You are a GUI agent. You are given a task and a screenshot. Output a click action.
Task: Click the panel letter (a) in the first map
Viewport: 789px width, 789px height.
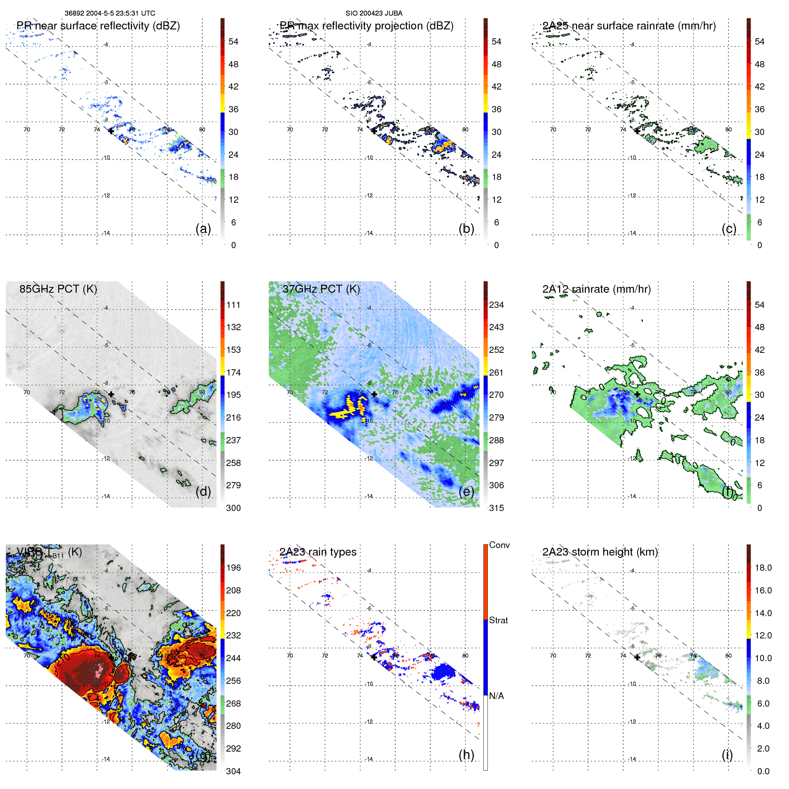pos(203,229)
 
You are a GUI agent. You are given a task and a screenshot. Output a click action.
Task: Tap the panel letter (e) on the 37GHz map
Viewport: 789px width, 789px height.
pos(466,492)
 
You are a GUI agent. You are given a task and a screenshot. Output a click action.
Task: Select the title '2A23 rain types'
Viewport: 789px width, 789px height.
pos(318,552)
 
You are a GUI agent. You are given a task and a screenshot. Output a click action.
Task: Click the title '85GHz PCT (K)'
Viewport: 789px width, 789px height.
pos(58,289)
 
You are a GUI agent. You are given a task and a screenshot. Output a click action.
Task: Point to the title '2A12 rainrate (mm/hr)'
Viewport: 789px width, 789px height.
pos(597,289)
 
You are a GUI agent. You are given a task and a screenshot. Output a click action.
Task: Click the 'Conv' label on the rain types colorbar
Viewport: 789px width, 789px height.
pos(499,545)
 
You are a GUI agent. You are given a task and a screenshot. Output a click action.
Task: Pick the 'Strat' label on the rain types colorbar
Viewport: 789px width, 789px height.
pos(499,620)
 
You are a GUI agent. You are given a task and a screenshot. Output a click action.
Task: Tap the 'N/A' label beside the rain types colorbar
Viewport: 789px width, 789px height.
pos(497,696)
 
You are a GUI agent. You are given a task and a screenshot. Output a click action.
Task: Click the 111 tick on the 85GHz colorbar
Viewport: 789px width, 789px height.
pos(233,305)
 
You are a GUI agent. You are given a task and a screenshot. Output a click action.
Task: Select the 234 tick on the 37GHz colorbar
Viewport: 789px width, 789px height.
pos(496,305)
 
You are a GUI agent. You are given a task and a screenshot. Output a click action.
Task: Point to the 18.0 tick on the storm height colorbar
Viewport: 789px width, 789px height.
pos(763,568)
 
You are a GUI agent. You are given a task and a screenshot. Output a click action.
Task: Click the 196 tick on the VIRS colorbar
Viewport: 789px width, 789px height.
pos(233,568)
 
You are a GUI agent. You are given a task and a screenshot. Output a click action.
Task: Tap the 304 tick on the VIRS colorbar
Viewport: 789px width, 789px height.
pos(233,771)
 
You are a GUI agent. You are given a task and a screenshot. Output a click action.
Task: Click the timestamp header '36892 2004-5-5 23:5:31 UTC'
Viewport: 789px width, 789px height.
pos(110,13)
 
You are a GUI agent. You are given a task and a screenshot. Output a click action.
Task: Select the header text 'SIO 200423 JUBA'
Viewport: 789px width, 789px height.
pos(374,13)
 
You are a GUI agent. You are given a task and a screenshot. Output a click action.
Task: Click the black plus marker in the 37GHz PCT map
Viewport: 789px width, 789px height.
pos(374,394)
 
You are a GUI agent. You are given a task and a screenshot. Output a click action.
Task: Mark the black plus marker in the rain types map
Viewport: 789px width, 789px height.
pos(374,657)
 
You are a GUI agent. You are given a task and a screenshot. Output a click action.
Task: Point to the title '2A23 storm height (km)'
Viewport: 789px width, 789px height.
pos(600,552)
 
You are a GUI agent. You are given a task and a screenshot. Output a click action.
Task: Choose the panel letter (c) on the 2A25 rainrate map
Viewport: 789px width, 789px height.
pos(729,229)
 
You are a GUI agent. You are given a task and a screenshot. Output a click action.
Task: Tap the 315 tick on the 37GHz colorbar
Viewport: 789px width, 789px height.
pos(496,508)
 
